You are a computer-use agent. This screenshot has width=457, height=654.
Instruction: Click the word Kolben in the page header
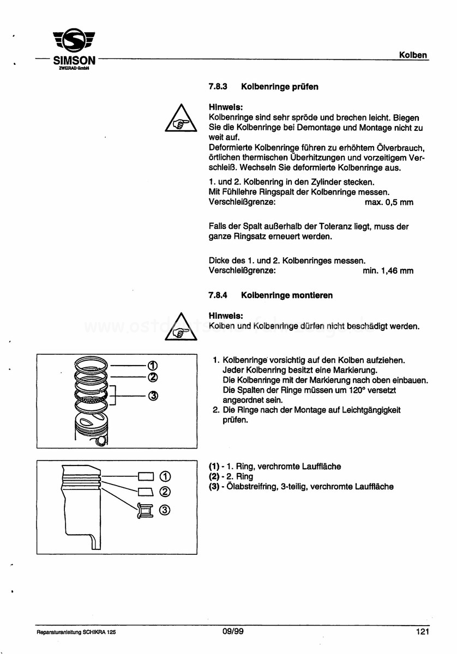[x=413, y=55]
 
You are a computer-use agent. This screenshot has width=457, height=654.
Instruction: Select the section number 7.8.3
[x=218, y=87]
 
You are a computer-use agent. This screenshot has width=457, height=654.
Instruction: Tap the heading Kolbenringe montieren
[x=287, y=295]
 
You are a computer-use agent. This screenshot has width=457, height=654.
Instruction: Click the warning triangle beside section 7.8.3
[x=181, y=118]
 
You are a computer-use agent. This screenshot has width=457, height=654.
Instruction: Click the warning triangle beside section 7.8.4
[x=181, y=326]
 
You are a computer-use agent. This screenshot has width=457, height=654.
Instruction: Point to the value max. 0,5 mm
[x=389, y=202]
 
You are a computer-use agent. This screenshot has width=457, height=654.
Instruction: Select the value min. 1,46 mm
[x=388, y=271]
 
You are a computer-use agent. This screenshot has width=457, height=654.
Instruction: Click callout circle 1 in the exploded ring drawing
[x=153, y=365]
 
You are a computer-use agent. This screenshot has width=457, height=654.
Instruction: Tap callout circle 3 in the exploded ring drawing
[x=153, y=396]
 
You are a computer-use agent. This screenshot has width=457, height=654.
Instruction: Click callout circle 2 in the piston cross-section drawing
[x=165, y=492]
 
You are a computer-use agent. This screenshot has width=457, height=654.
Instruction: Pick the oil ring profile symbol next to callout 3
[x=145, y=511]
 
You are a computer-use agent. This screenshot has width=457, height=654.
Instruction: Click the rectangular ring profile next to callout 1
[x=146, y=477]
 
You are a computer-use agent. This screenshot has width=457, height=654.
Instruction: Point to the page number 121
[x=423, y=632]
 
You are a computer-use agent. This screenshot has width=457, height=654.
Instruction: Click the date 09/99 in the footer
[x=233, y=632]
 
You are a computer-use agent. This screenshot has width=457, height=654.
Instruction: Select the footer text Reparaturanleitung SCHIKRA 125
[x=76, y=632]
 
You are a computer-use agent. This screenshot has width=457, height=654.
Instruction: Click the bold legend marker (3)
[x=214, y=487]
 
